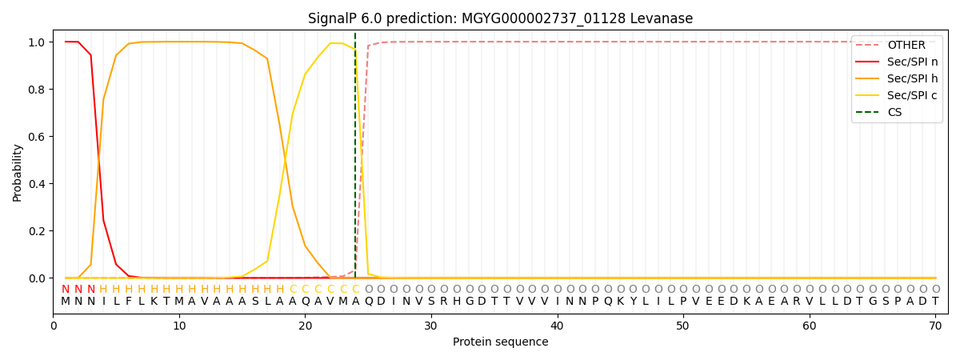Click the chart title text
(500, 18)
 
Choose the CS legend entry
(894, 113)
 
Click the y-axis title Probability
(18, 173)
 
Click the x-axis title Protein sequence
(500, 342)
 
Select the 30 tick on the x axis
(431, 326)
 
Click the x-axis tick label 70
(935, 326)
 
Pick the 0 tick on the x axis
(54, 326)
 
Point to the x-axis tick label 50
(683, 326)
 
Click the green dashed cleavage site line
(355, 160)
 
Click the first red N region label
(66, 290)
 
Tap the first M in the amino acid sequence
(66, 302)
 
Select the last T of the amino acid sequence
(935, 302)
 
